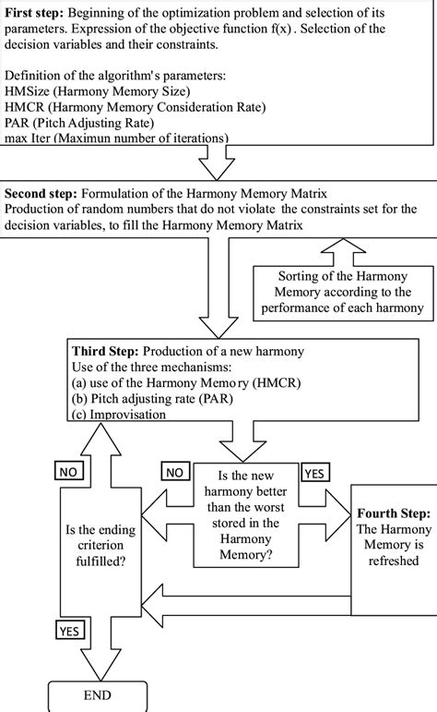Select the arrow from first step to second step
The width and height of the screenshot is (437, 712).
click(219, 164)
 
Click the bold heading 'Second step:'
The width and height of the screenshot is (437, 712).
click(41, 195)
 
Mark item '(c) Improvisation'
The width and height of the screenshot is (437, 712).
click(119, 415)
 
